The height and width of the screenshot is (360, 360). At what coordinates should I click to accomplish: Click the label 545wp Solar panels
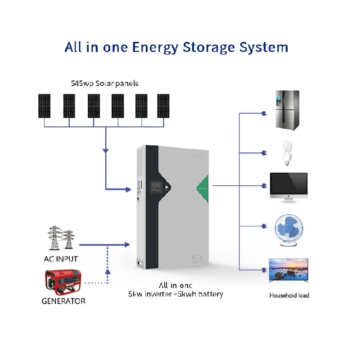point(104,83)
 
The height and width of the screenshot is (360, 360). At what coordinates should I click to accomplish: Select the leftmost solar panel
point(45,106)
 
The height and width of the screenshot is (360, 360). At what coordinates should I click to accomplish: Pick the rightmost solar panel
point(163,106)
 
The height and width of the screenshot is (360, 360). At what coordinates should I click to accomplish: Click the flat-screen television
point(288,272)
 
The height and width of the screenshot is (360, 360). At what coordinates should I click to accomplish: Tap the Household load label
point(289,295)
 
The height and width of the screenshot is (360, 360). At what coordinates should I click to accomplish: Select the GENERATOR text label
point(63,301)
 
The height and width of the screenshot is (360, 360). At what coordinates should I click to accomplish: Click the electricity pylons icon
point(61,238)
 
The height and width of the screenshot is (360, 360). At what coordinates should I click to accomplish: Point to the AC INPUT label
point(61,259)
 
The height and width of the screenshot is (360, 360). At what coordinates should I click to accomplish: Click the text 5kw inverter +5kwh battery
point(175,294)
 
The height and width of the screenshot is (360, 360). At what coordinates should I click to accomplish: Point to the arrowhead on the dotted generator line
point(108,271)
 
